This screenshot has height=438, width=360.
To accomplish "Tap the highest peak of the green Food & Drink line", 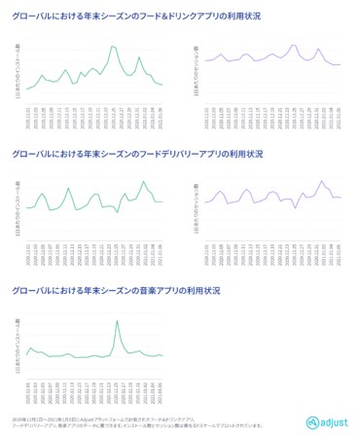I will coord(113,46).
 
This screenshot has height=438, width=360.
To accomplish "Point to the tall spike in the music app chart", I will coord(118,321).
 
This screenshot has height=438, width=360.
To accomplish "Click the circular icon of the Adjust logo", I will coord(312,422).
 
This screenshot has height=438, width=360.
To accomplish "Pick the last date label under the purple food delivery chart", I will coord(341,242).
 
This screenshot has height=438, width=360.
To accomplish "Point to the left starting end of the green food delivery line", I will coord(25,208).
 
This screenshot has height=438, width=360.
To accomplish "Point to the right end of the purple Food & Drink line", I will coord(341,64).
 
